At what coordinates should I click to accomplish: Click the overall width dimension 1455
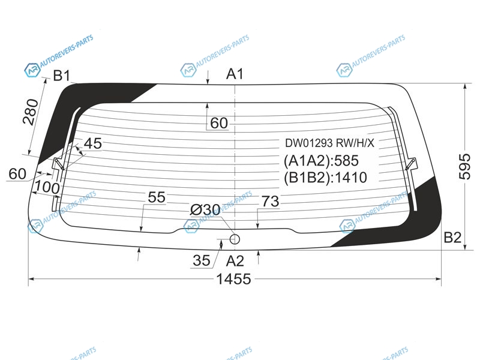233,279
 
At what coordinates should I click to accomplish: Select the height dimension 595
464,167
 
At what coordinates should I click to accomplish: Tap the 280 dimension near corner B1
31,112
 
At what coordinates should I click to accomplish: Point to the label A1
235,74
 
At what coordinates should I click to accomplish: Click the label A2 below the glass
235,261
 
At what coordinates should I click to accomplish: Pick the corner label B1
62,76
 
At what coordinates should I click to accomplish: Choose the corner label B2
452,237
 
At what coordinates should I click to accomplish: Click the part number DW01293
309,143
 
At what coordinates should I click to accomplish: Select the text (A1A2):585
321,161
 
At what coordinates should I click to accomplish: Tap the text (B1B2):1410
325,178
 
